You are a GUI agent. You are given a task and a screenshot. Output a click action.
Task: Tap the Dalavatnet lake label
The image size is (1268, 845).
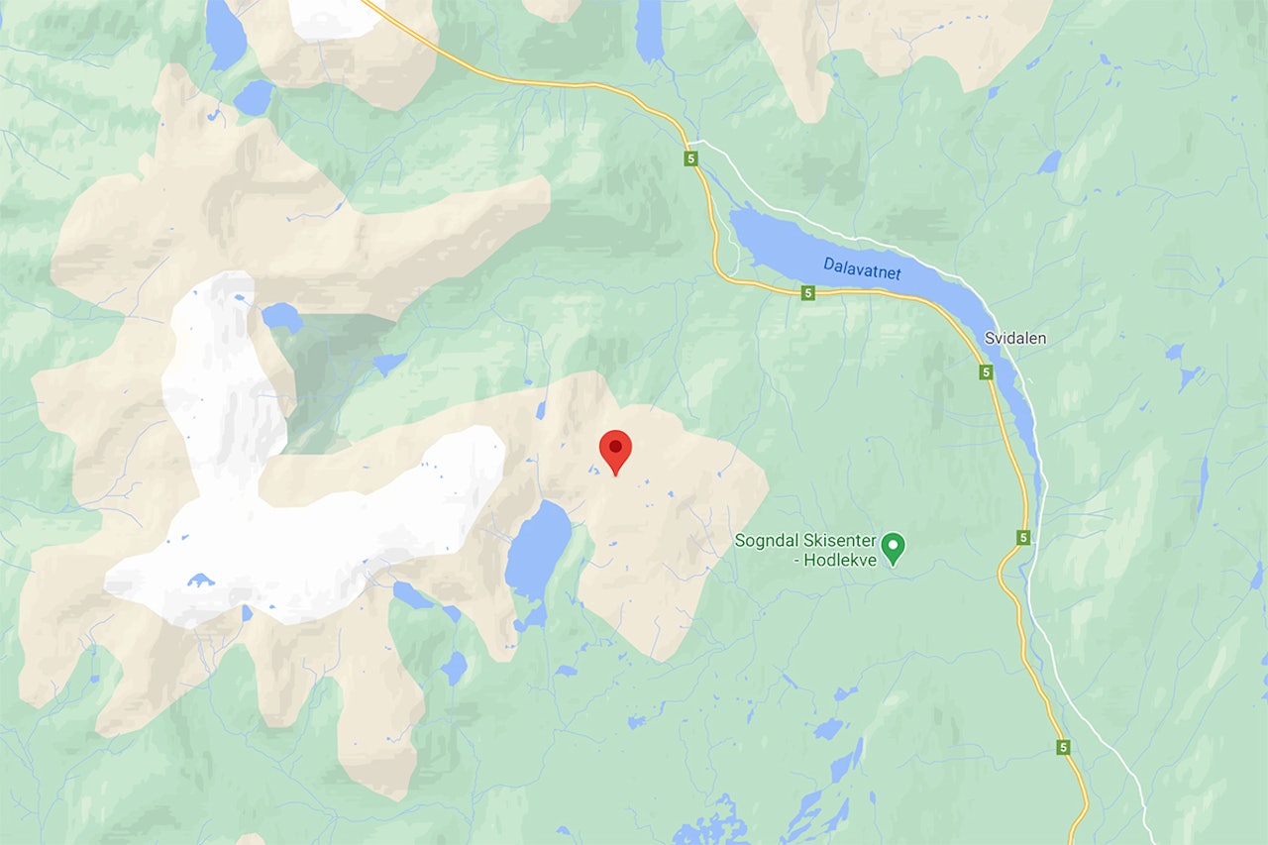[x=862, y=267]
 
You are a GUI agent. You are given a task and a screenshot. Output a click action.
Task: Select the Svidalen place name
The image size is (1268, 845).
[x=1014, y=338]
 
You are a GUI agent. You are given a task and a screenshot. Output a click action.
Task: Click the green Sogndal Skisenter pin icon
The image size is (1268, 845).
[x=894, y=548]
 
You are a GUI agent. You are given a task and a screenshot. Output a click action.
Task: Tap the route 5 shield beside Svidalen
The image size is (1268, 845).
[x=986, y=371]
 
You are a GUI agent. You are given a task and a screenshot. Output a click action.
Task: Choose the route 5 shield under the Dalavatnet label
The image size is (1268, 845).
[x=808, y=293]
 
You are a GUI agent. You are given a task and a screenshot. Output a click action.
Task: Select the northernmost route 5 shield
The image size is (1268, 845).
[x=690, y=158]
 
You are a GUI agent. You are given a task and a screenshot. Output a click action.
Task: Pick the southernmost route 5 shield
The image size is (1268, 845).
[x=1063, y=747]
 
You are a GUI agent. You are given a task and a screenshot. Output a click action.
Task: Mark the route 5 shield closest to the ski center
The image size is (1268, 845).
[x=1023, y=537]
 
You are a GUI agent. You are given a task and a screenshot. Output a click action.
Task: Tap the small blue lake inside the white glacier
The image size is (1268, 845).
[x=200, y=580]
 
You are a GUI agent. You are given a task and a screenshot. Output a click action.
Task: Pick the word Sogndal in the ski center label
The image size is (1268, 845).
[x=765, y=541]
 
